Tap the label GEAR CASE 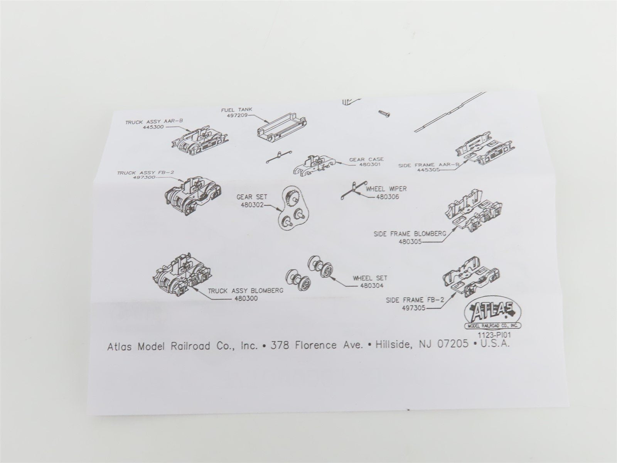click(366, 159)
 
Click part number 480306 click(387, 197)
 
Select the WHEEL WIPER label click(386, 189)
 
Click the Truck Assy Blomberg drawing click(183, 275)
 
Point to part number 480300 click(246, 299)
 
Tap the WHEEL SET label click(370, 278)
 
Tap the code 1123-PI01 click(494, 335)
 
